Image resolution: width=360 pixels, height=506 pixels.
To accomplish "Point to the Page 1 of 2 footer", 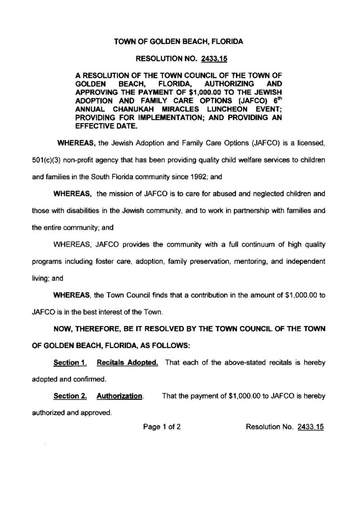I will click(161, 427).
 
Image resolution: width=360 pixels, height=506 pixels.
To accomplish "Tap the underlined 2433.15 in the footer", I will click(310, 427).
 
